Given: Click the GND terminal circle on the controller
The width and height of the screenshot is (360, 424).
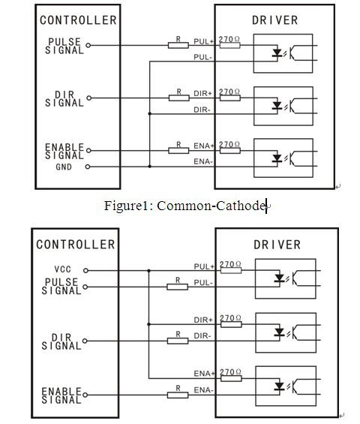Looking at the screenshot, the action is pyautogui.click(x=88, y=167).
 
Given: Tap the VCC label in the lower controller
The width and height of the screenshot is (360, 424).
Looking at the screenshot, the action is pyautogui.click(x=63, y=269).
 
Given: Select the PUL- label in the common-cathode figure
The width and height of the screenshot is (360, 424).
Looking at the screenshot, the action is pyautogui.click(x=203, y=57).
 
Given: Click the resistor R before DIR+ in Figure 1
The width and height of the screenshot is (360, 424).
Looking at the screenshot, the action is pyautogui.click(x=179, y=98).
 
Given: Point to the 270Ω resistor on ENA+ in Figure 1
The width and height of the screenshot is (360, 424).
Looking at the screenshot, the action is pyautogui.click(x=230, y=151).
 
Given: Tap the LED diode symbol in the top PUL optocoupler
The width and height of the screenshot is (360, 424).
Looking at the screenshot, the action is pyautogui.click(x=277, y=53).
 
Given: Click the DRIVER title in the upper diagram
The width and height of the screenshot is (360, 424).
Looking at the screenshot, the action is pyautogui.click(x=274, y=20).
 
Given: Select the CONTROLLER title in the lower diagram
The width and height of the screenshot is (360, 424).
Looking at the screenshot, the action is pyautogui.click(x=76, y=245).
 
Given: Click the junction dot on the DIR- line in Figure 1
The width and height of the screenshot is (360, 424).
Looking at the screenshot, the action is pyautogui.click(x=150, y=114).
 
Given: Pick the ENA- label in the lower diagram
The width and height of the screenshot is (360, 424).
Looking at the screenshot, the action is pyautogui.click(x=204, y=390).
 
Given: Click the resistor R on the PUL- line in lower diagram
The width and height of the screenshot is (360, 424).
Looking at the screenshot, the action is pyautogui.click(x=177, y=287).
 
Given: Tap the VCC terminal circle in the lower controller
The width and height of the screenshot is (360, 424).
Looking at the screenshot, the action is pyautogui.click(x=85, y=270).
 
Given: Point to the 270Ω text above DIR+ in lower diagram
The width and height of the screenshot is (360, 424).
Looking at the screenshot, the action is pyautogui.click(x=230, y=318).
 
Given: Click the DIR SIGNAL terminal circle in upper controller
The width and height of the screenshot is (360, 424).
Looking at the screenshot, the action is pyautogui.click(x=88, y=98).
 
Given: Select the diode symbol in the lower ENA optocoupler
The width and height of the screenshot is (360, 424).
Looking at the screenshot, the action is pyautogui.click(x=279, y=386).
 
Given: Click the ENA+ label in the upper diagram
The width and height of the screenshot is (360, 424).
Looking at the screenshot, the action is pyautogui.click(x=204, y=146).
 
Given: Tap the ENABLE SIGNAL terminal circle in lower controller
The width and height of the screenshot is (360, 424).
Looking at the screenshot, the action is pyautogui.click(x=85, y=395).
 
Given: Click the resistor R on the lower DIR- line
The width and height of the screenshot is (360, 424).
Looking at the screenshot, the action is pyautogui.click(x=178, y=341).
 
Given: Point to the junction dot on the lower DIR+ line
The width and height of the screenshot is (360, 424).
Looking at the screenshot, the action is pyautogui.click(x=149, y=324).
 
